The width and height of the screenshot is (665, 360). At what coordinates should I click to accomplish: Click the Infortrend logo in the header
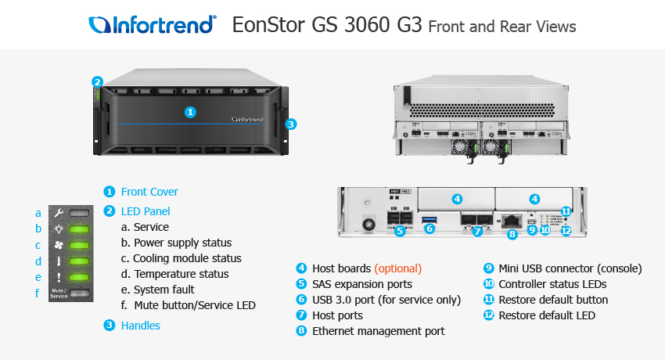(153, 25)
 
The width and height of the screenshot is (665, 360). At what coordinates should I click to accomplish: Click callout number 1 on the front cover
(189, 112)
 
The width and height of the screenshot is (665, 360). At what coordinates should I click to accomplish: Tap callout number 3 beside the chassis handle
(290, 124)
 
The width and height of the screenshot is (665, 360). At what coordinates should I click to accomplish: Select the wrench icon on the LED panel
(59, 213)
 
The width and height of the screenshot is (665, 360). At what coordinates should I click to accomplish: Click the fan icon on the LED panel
(59, 245)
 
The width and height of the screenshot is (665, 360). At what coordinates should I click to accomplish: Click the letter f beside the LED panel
(38, 293)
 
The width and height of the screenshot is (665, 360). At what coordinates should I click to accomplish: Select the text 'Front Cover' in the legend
(149, 192)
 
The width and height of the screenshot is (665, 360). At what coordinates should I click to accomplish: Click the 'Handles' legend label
(141, 326)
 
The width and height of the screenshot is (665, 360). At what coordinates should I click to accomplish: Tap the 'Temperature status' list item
(181, 274)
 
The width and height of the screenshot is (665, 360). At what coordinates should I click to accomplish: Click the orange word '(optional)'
(397, 268)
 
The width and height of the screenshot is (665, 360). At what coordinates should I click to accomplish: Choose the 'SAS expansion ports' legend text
(361, 284)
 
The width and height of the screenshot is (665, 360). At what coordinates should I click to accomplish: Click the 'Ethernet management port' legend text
(378, 331)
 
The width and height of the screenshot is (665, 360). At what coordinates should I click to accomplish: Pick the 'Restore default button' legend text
(553, 300)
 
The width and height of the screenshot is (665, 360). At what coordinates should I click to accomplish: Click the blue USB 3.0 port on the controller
(429, 219)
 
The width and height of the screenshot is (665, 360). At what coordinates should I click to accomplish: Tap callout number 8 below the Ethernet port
(512, 233)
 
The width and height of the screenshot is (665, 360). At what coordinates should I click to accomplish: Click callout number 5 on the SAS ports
(400, 231)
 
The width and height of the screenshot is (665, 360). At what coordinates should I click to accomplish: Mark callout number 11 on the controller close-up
(566, 211)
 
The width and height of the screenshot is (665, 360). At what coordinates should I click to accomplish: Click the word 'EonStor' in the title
(267, 25)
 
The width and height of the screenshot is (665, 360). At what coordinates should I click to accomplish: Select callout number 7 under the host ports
(476, 232)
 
